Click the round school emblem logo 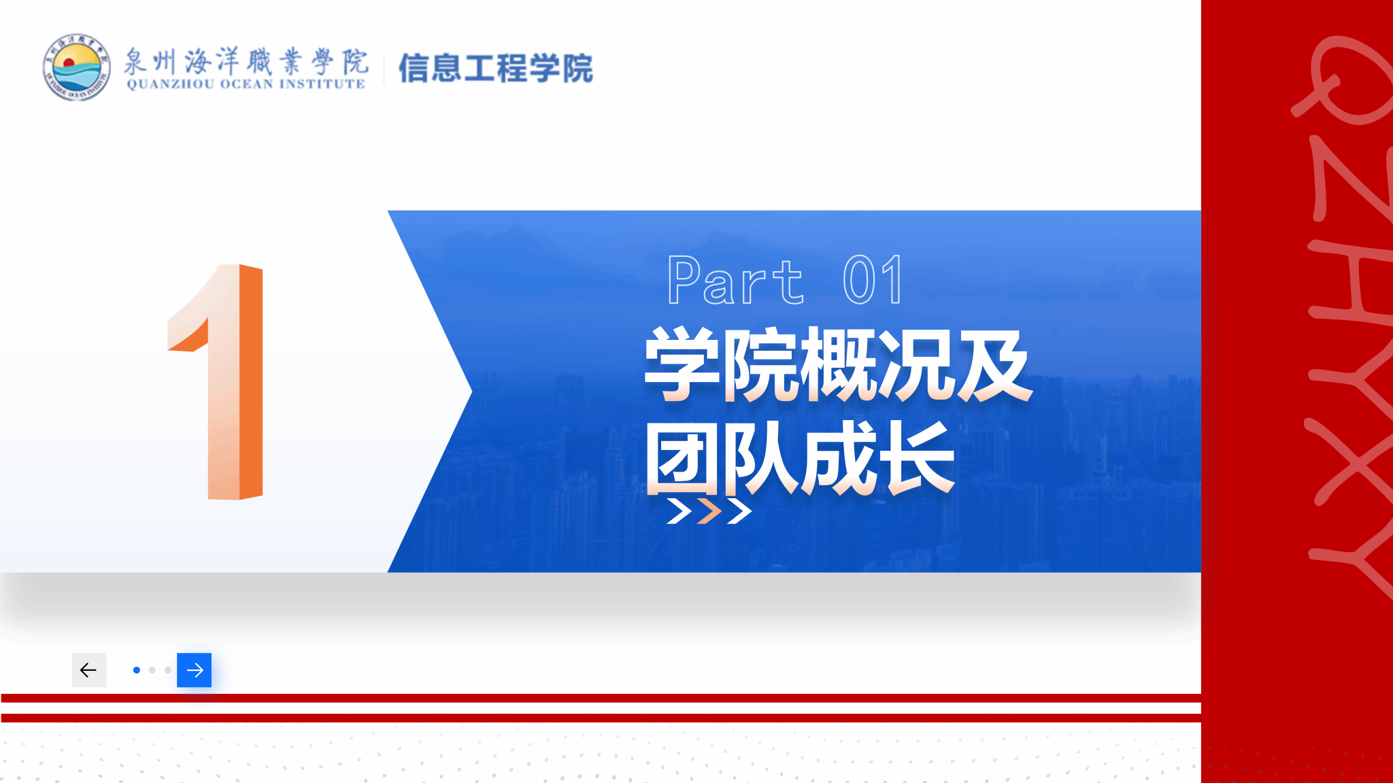pyautogui.click(x=76, y=67)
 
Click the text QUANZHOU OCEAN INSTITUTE pyautogui.click(x=246, y=84)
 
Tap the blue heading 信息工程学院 pyautogui.click(x=495, y=68)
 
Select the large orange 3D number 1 pyautogui.click(x=216, y=382)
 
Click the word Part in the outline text pyautogui.click(x=735, y=280)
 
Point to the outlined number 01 pyautogui.click(x=873, y=280)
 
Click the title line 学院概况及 pyautogui.click(x=838, y=365)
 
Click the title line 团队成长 pyautogui.click(x=800, y=457)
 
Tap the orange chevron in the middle pyautogui.click(x=709, y=511)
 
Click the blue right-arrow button pyautogui.click(x=195, y=670)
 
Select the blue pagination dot pyautogui.click(x=137, y=670)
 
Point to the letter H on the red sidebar pyautogui.click(x=1351, y=278)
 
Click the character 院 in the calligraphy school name pyautogui.click(x=355, y=61)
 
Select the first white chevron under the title pyautogui.click(x=679, y=511)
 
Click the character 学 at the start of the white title pyautogui.click(x=682, y=365)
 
